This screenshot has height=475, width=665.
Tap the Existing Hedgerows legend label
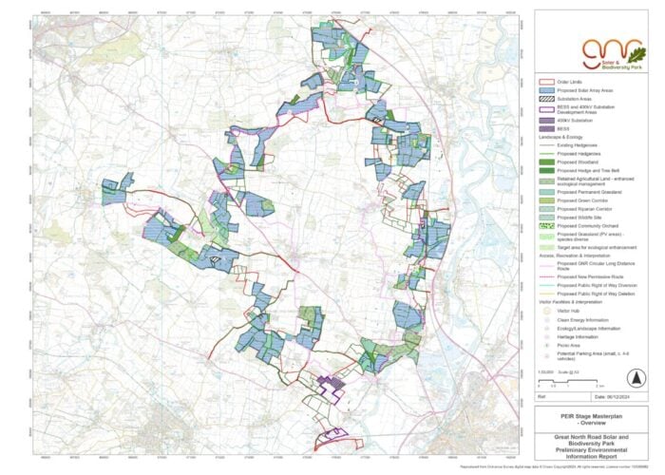point(580,143)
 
